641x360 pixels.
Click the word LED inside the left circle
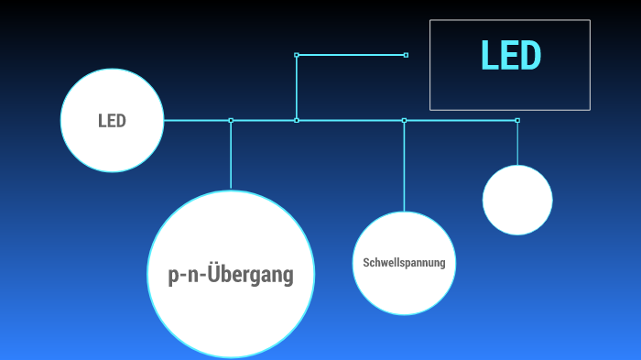[x=112, y=120]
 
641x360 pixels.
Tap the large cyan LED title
[x=511, y=56]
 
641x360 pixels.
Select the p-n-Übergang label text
[x=231, y=275]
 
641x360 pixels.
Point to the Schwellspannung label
[x=404, y=263]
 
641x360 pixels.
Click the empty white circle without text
[x=517, y=200]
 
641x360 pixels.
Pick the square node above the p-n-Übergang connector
[x=231, y=120]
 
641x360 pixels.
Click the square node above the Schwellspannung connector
[x=404, y=120]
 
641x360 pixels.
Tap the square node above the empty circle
[x=517, y=120]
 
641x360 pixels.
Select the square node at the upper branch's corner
[x=297, y=55]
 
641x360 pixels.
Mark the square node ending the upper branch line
[x=406, y=55]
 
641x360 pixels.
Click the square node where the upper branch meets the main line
[x=297, y=120]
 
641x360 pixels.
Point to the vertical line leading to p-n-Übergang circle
[x=231, y=156]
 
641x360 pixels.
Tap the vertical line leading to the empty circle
[x=517, y=144]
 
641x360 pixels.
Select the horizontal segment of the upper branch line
[x=352, y=55]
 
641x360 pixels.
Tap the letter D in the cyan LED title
[x=530, y=56]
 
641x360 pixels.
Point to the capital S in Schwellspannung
[x=366, y=263]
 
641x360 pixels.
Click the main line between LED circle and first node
[x=197, y=120]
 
